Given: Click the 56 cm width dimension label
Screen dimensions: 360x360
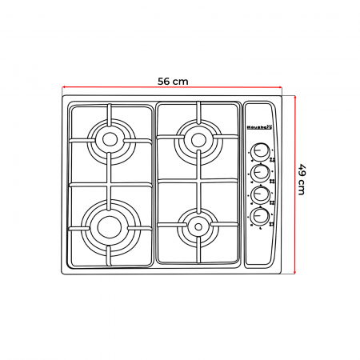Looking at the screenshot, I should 173,81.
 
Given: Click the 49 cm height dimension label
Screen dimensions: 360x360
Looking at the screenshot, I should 302,180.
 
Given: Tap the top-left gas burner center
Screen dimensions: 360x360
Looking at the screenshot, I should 110,139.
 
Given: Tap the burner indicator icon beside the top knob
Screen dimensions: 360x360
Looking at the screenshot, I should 273,158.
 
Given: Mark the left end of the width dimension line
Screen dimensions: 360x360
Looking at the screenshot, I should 62,90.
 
